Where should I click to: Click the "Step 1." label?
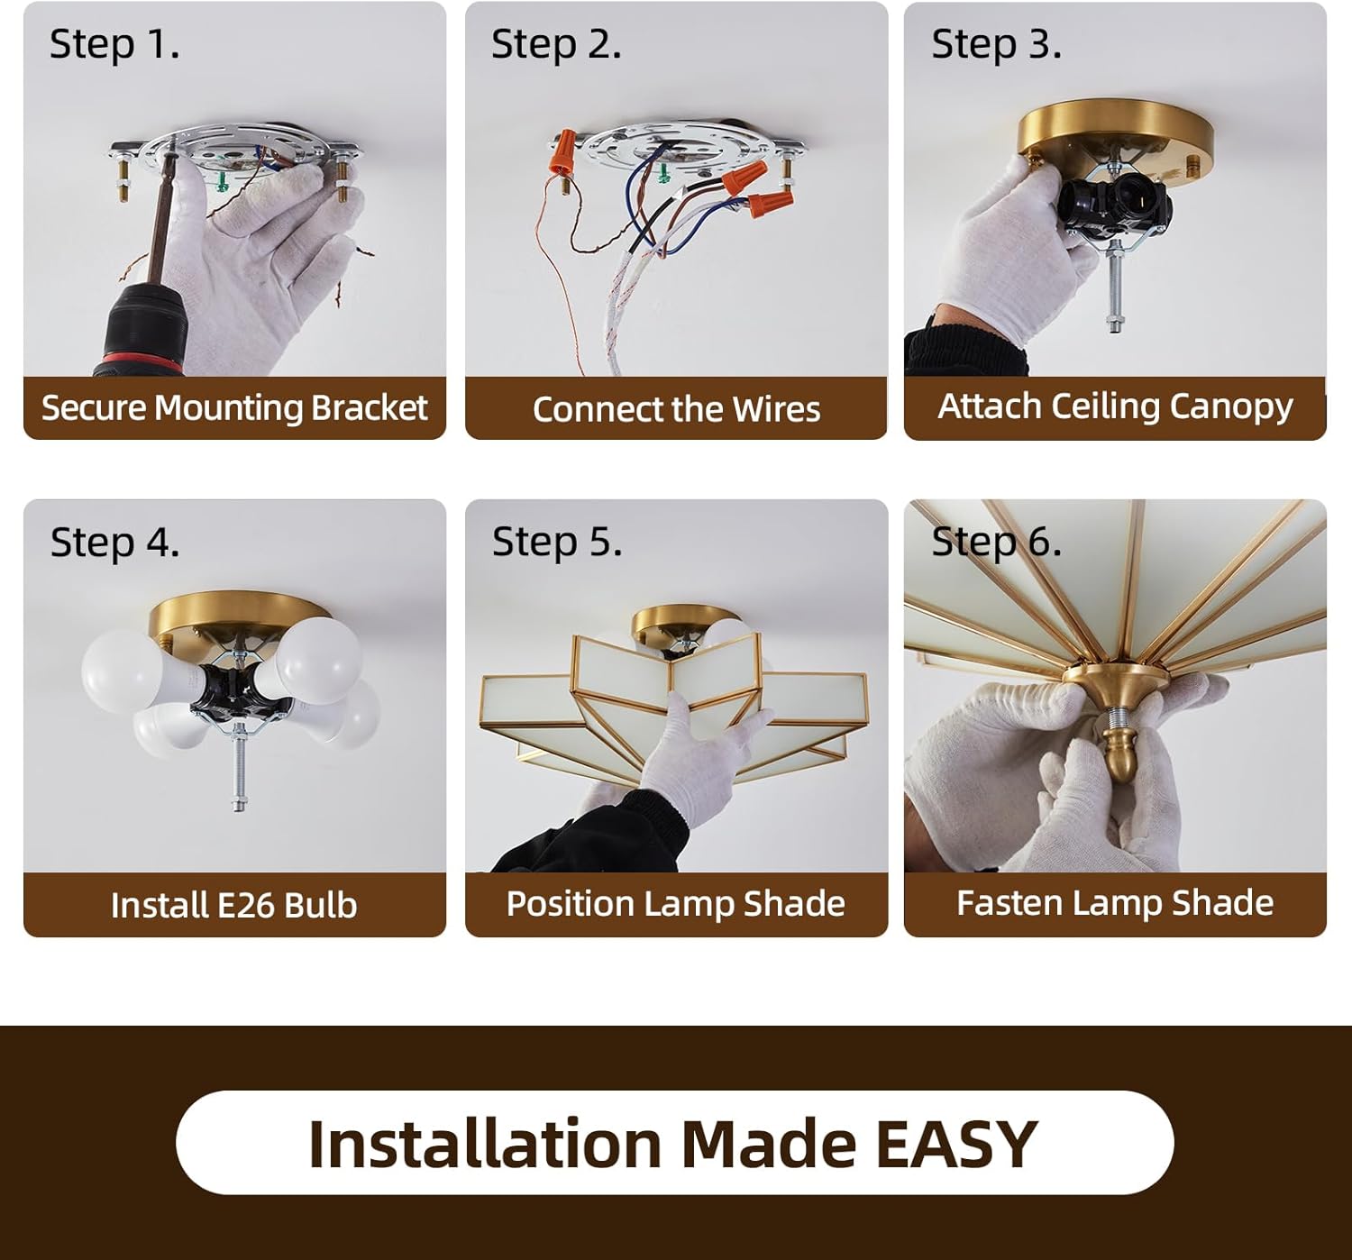tap(114, 45)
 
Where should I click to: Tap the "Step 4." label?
tap(115, 543)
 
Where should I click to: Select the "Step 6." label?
tap(996, 543)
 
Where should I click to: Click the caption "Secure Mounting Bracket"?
tap(234, 408)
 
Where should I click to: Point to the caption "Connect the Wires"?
tap(676, 409)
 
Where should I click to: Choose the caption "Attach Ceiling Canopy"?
tap(1115, 407)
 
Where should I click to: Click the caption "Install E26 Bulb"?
tap(234, 905)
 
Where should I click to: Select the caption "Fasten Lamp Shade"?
tap(1115, 903)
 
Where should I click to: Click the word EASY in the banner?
tap(955, 1145)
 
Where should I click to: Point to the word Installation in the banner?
tap(486, 1145)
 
